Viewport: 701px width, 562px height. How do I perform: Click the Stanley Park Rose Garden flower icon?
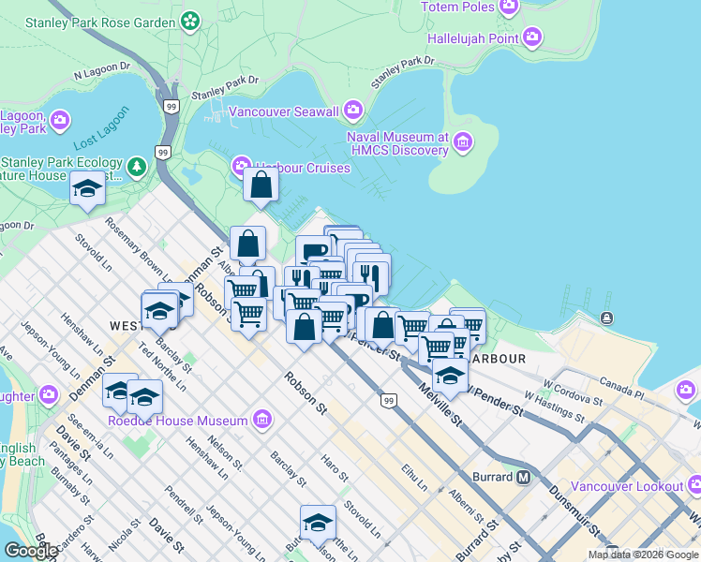pyautogui.click(x=190, y=19)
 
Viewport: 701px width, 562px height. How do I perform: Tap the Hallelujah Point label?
pyautogui.click(x=472, y=38)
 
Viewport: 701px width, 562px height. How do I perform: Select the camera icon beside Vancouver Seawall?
pyautogui.click(x=353, y=111)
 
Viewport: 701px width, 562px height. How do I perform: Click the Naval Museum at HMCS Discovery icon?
pyautogui.click(x=462, y=142)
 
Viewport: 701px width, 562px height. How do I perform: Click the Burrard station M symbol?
pyautogui.click(x=524, y=477)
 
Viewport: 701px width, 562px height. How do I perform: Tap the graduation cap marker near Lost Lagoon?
pyautogui.click(x=87, y=189)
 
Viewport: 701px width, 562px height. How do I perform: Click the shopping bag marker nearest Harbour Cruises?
pyautogui.click(x=261, y=185)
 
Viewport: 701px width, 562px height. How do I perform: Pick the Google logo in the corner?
pyautogui.click(x=32, y=551)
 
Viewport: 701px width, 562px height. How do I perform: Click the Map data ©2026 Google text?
pyautogui.click(x=642, y=555)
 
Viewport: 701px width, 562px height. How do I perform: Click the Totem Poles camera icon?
pyautogui.click(x=509, y=8)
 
